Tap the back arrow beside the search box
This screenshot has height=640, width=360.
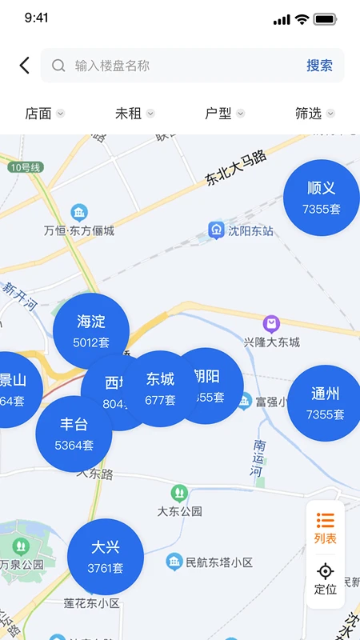pos(25,66)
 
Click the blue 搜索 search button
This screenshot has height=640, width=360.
pos(319,66)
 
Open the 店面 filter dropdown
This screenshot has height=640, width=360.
pos(44,114)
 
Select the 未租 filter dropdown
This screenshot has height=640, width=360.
pos(134,114)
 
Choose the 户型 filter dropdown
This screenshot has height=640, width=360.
pos(224,114)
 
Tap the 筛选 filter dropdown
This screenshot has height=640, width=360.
pos(314,114)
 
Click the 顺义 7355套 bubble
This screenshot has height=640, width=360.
pos(322,198)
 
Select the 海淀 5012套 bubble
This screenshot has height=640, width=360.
pos(91,331)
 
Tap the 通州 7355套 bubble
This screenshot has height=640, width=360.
pos(325,403)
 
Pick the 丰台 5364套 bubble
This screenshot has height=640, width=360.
pos(74,434)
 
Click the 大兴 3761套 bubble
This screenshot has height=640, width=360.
pos(106,557)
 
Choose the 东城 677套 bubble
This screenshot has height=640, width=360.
pos(160,387)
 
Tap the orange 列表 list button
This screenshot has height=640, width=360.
pos(326,528)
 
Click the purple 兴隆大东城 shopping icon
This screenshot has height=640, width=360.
pos(271,324)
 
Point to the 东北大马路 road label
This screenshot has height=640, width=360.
pos(236,169)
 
